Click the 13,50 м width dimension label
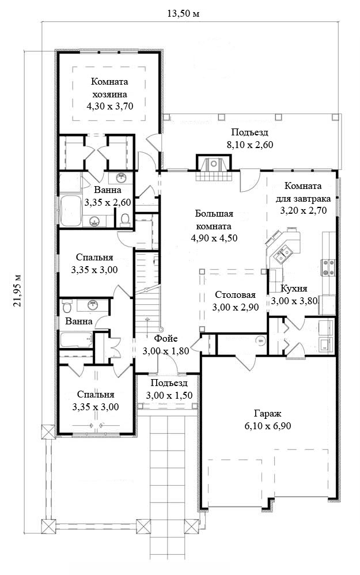(x=183, y=14)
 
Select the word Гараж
(x=268, y=414)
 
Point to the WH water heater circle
(x=261, y=341)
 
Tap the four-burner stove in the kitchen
(x=328, y=267)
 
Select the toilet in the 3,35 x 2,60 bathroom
(x=125, y=220)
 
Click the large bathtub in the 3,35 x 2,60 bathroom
(x=70, y=211)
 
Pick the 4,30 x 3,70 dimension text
(x=109, y=107)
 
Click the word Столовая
(x=235, y=295)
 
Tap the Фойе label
(x=166, y=338)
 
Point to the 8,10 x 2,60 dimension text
(x=250, y=145)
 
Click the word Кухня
(x=294, y=288)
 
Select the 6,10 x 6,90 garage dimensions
(x=268, y=426)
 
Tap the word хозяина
(x=110, y=94)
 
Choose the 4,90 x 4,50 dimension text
(x=214, y=238)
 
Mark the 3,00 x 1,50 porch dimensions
(x=169, y=395)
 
